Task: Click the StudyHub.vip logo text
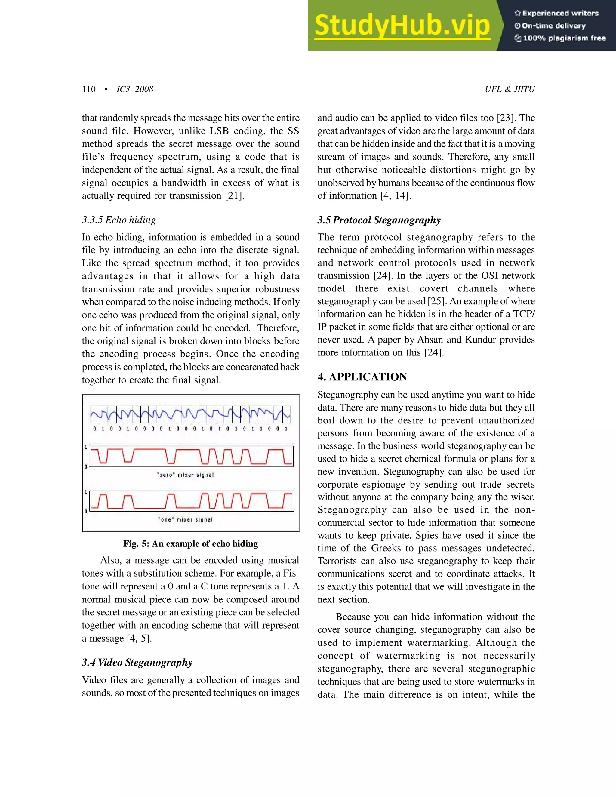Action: click(x=402, y=26)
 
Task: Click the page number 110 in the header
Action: click(x=89, y=89)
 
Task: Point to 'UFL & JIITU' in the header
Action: click(x=510, y=89)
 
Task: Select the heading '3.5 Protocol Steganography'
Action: click(x=379, y=220)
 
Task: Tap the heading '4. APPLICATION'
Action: click(x=362, y=377)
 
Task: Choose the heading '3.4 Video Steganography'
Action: click(x=137, y=662)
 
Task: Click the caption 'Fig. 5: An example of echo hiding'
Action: click(x=190, y=544)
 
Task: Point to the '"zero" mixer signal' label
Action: click(x=185, y=475)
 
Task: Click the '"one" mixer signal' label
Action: click(x=185, y=520)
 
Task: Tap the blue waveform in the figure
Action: click(x=190, y=414)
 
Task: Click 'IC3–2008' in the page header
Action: click(x=135, y=89)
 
